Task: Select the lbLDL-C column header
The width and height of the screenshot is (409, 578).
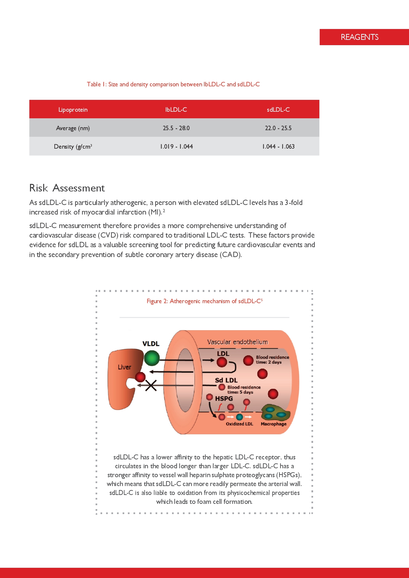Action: [x=176, y=110]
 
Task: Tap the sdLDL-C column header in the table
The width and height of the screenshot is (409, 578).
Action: [x=278, y=110]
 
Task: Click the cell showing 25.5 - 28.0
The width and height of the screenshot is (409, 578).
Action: [x=176, y=128]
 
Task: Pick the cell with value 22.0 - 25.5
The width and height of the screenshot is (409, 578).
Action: [x=278, y=128]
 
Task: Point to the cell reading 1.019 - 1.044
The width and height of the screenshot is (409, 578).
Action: [x=176, y=147]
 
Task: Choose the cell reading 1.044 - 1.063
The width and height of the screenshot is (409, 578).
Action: [x=278, y=147]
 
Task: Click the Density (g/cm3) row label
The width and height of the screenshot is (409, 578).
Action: [x=73, y=147]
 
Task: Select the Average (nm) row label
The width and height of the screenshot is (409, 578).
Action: [x=73, y=128]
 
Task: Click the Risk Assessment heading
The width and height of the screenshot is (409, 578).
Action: [x=67, y=188]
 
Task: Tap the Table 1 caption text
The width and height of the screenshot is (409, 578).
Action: [x=173, y=84]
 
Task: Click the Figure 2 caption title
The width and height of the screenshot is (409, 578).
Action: [x=204, y=301]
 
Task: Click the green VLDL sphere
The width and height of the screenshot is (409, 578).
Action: [x=152, y=358]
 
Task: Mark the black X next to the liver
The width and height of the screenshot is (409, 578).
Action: [x=151, y=385]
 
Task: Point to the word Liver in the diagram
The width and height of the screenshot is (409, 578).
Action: [x=124, y=367]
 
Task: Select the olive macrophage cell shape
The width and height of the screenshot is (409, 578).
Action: [x=276, y=412]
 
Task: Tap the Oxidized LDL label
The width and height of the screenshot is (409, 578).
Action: [x=239, y=424]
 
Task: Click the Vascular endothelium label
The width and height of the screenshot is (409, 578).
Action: [x=237, y=342]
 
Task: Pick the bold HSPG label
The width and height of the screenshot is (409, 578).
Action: [x=224, y=398]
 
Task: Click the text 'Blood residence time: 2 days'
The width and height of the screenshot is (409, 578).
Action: [x=272, y=360]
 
